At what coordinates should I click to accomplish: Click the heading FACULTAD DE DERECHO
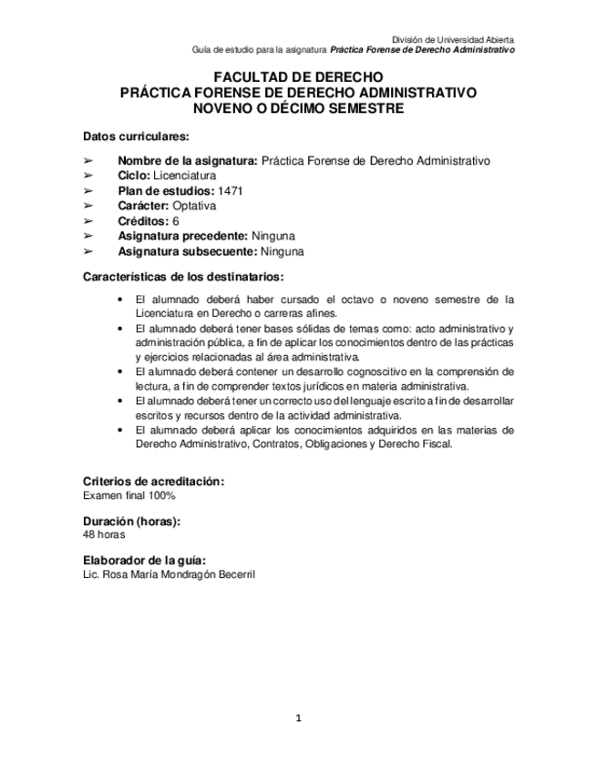298,77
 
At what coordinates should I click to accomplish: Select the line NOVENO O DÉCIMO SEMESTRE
298,108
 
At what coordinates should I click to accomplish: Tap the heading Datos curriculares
135,137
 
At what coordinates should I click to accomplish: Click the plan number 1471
231,190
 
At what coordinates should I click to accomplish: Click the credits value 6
175,221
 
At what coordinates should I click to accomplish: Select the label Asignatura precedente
182,236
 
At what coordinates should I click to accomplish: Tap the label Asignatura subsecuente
187,251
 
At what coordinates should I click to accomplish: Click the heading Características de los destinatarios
182,276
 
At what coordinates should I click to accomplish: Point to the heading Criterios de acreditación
153,481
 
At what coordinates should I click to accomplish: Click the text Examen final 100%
129,495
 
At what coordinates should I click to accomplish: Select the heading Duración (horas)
131,521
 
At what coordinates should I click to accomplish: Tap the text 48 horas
104,535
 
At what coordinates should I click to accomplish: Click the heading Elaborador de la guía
143,560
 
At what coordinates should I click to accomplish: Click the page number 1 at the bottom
298,718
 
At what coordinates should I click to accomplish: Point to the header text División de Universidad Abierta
452,40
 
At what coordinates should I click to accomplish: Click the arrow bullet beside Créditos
88,221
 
